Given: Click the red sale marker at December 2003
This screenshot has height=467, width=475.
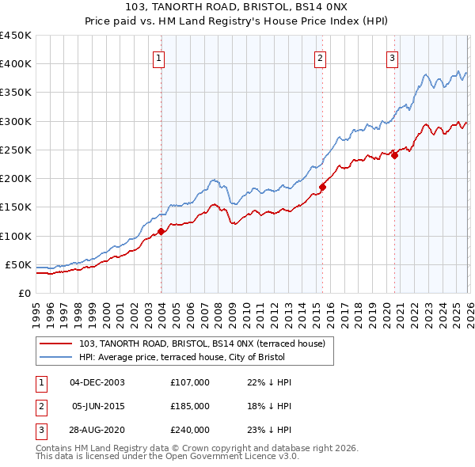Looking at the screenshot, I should pyautogui.click(x=161, y=232).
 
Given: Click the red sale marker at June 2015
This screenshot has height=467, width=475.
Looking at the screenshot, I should pyautogui.click(x=322, y=188).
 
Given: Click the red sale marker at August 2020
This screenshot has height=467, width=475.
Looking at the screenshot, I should pyautogui.click(x=394, y=156).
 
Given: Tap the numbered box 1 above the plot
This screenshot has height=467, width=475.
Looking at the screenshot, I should pyautogui.click(x=160, y=57).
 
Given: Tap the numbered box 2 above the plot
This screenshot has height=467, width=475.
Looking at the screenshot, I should pyautogui.click(x=320, y=57).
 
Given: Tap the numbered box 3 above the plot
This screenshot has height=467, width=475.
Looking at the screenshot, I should pyautogui.click(x=392, y=57).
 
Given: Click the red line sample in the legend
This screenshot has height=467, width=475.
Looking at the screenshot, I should pyautogui.click(x=56, y=344).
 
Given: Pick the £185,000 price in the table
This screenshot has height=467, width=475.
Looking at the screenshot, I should pyautogui.click(x=190, y=406).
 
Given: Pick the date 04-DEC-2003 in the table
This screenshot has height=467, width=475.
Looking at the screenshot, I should pyautogui.click(x=97, y=382).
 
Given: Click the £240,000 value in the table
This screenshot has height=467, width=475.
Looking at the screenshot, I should pyautogui.click(x=190, y=430).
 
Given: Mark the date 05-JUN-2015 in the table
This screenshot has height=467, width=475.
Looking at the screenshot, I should pyautogui.click(x=97, y=406).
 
